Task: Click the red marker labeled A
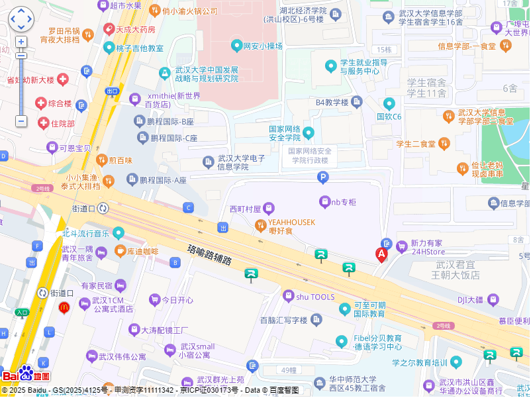(381, 254)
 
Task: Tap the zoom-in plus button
(21, 42)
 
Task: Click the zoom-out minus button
(21, 121)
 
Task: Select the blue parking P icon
(322, 177)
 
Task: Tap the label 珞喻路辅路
(210, 255)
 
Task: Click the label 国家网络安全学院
(285, 133)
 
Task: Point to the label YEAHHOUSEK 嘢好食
(291, 226)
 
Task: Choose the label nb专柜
(344, 201)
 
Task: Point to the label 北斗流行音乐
(85, 233)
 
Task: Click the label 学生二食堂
(416, 144)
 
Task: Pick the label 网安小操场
(263, 46)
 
